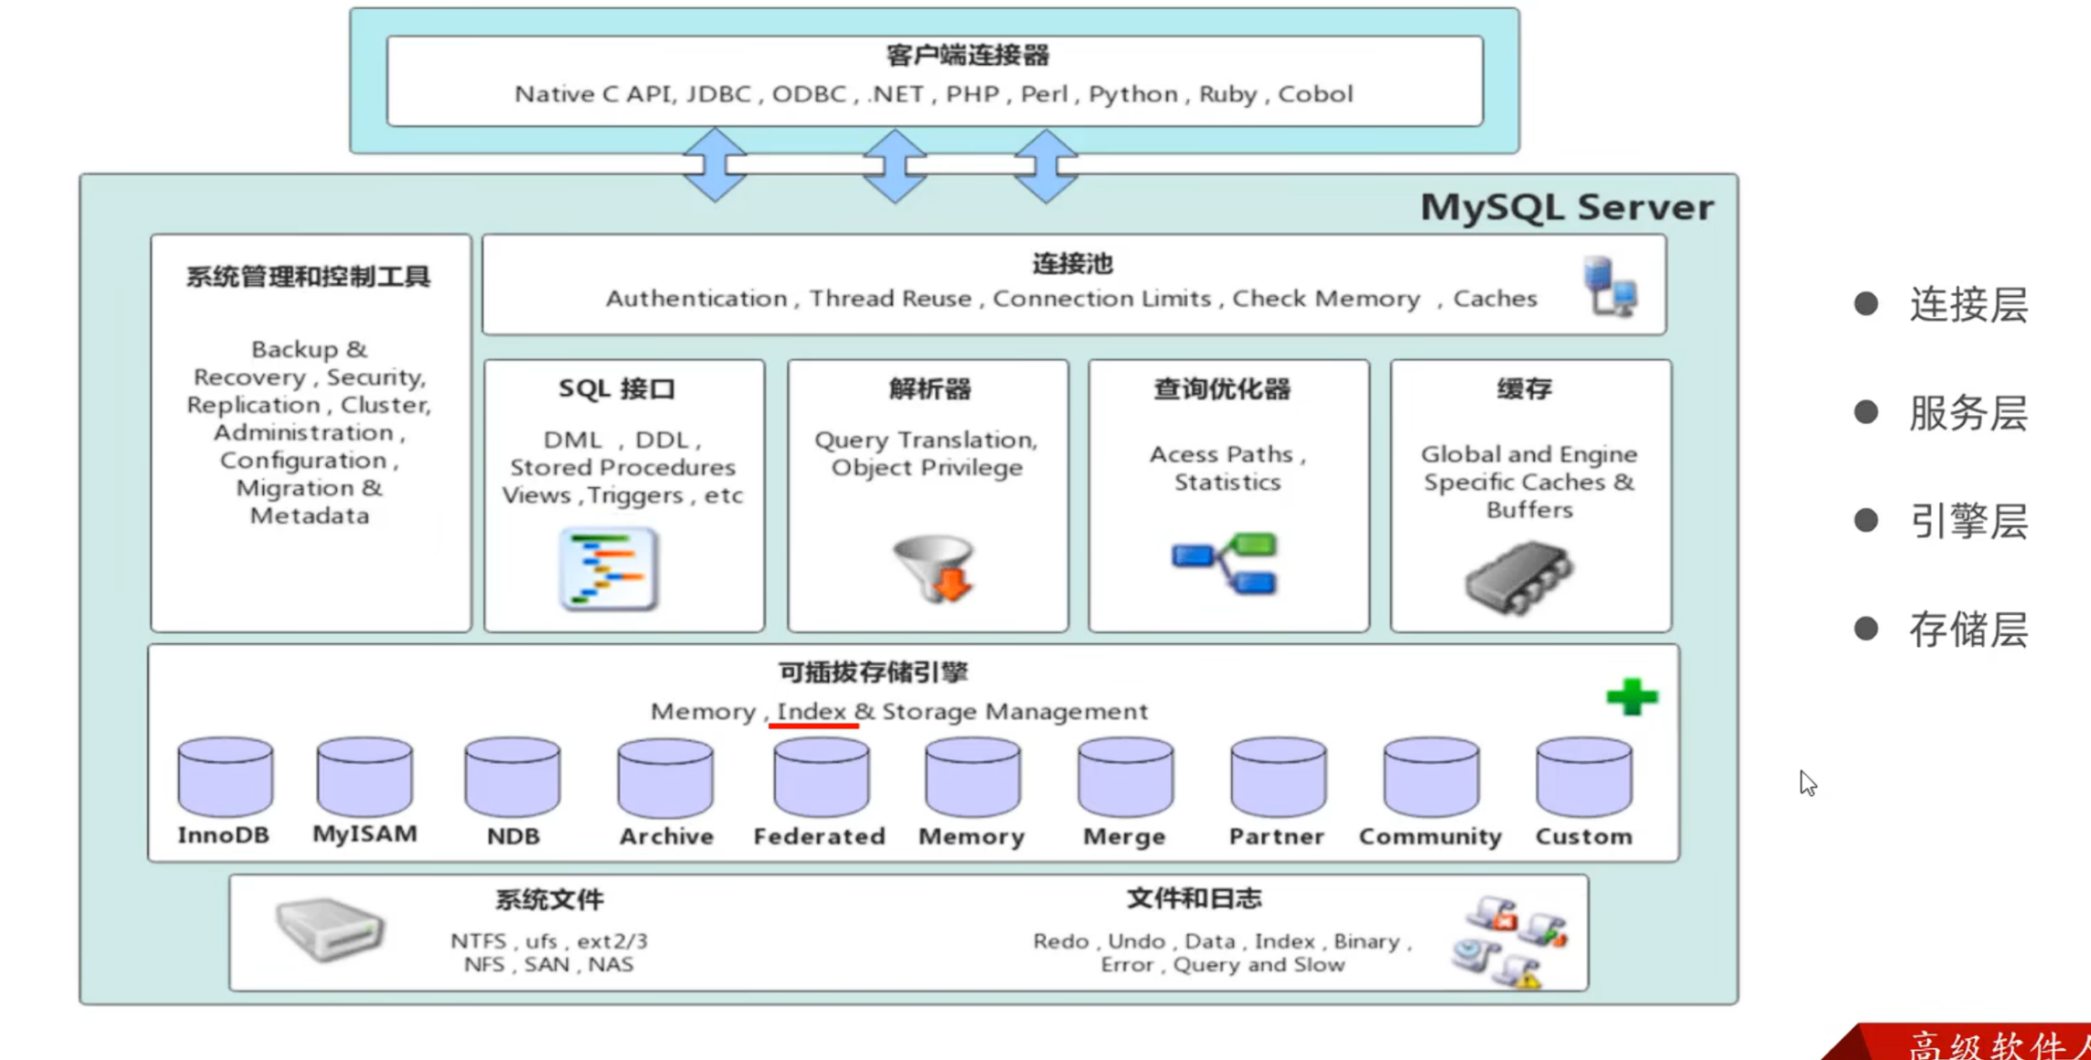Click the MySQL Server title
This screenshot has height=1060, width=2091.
click(1566, 207)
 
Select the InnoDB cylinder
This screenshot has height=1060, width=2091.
click(225, 777)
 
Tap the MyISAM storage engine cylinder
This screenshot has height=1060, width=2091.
click(365, 777)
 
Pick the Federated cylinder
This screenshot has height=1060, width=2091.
click(821, 779)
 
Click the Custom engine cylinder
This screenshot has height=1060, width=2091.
click(1584, 779)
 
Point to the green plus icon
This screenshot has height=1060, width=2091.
click(1631, 697)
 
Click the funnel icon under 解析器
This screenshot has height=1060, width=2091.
click(933, 568)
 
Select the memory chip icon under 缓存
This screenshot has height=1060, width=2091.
click(1519, 576)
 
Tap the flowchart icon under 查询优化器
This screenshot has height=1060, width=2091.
click(1225, 563)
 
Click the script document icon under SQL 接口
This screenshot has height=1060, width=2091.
click(609, 569)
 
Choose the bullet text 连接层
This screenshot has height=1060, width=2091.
click(1968, 305)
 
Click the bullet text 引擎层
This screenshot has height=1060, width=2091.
click(1968, 521)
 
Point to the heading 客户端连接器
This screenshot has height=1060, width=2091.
click(967, 56)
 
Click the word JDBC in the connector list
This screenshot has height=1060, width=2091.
click(718, 94)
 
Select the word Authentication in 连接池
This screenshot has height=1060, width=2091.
click(696, 299)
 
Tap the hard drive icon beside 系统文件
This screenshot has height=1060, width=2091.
click(330, 929)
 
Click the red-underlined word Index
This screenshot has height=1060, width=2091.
click(811, 712)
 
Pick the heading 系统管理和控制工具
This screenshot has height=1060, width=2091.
click(309, 277)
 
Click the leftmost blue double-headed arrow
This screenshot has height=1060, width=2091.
click(715, 165)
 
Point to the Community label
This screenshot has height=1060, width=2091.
click(1430, 836)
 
